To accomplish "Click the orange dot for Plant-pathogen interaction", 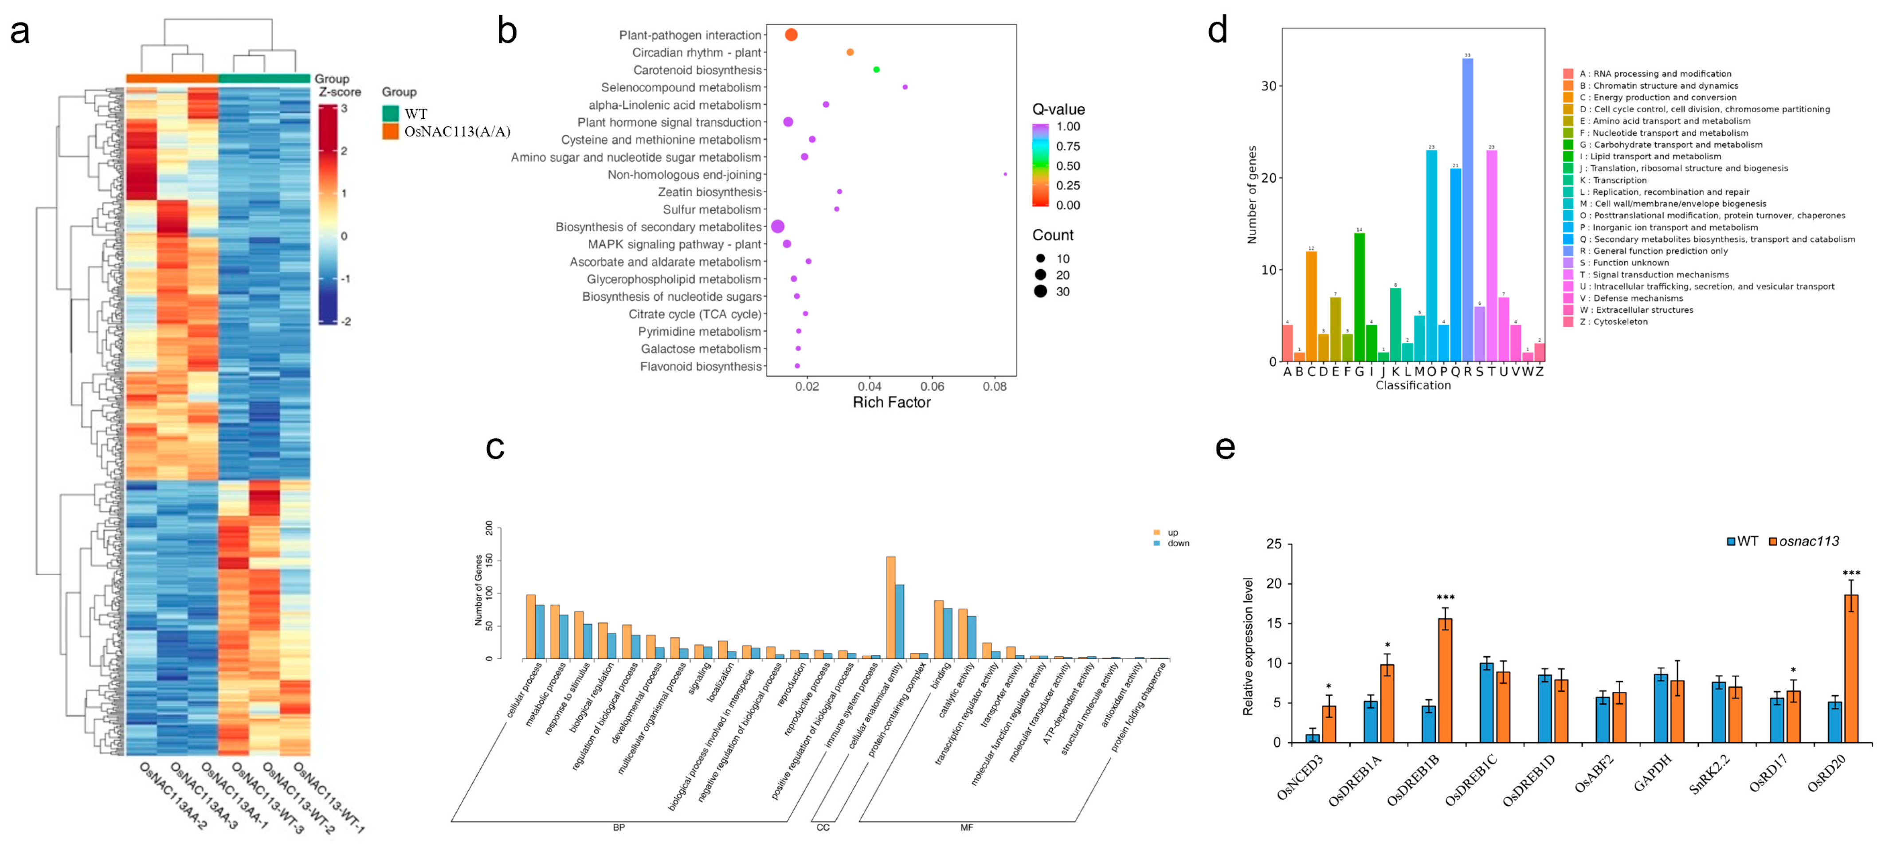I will [791, 35].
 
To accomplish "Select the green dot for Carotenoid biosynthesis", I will [876, 70].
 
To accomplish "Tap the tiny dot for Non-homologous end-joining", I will [1005, 175].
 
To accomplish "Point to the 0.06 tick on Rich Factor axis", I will [932, 386].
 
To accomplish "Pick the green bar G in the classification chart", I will [1359, 297].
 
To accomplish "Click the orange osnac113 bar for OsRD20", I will [1851, 668].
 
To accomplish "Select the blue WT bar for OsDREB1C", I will [1486, 702].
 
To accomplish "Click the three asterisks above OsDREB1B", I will [1445, 598].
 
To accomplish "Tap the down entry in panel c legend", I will [1178, 543].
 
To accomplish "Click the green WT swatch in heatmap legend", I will [390, 114].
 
